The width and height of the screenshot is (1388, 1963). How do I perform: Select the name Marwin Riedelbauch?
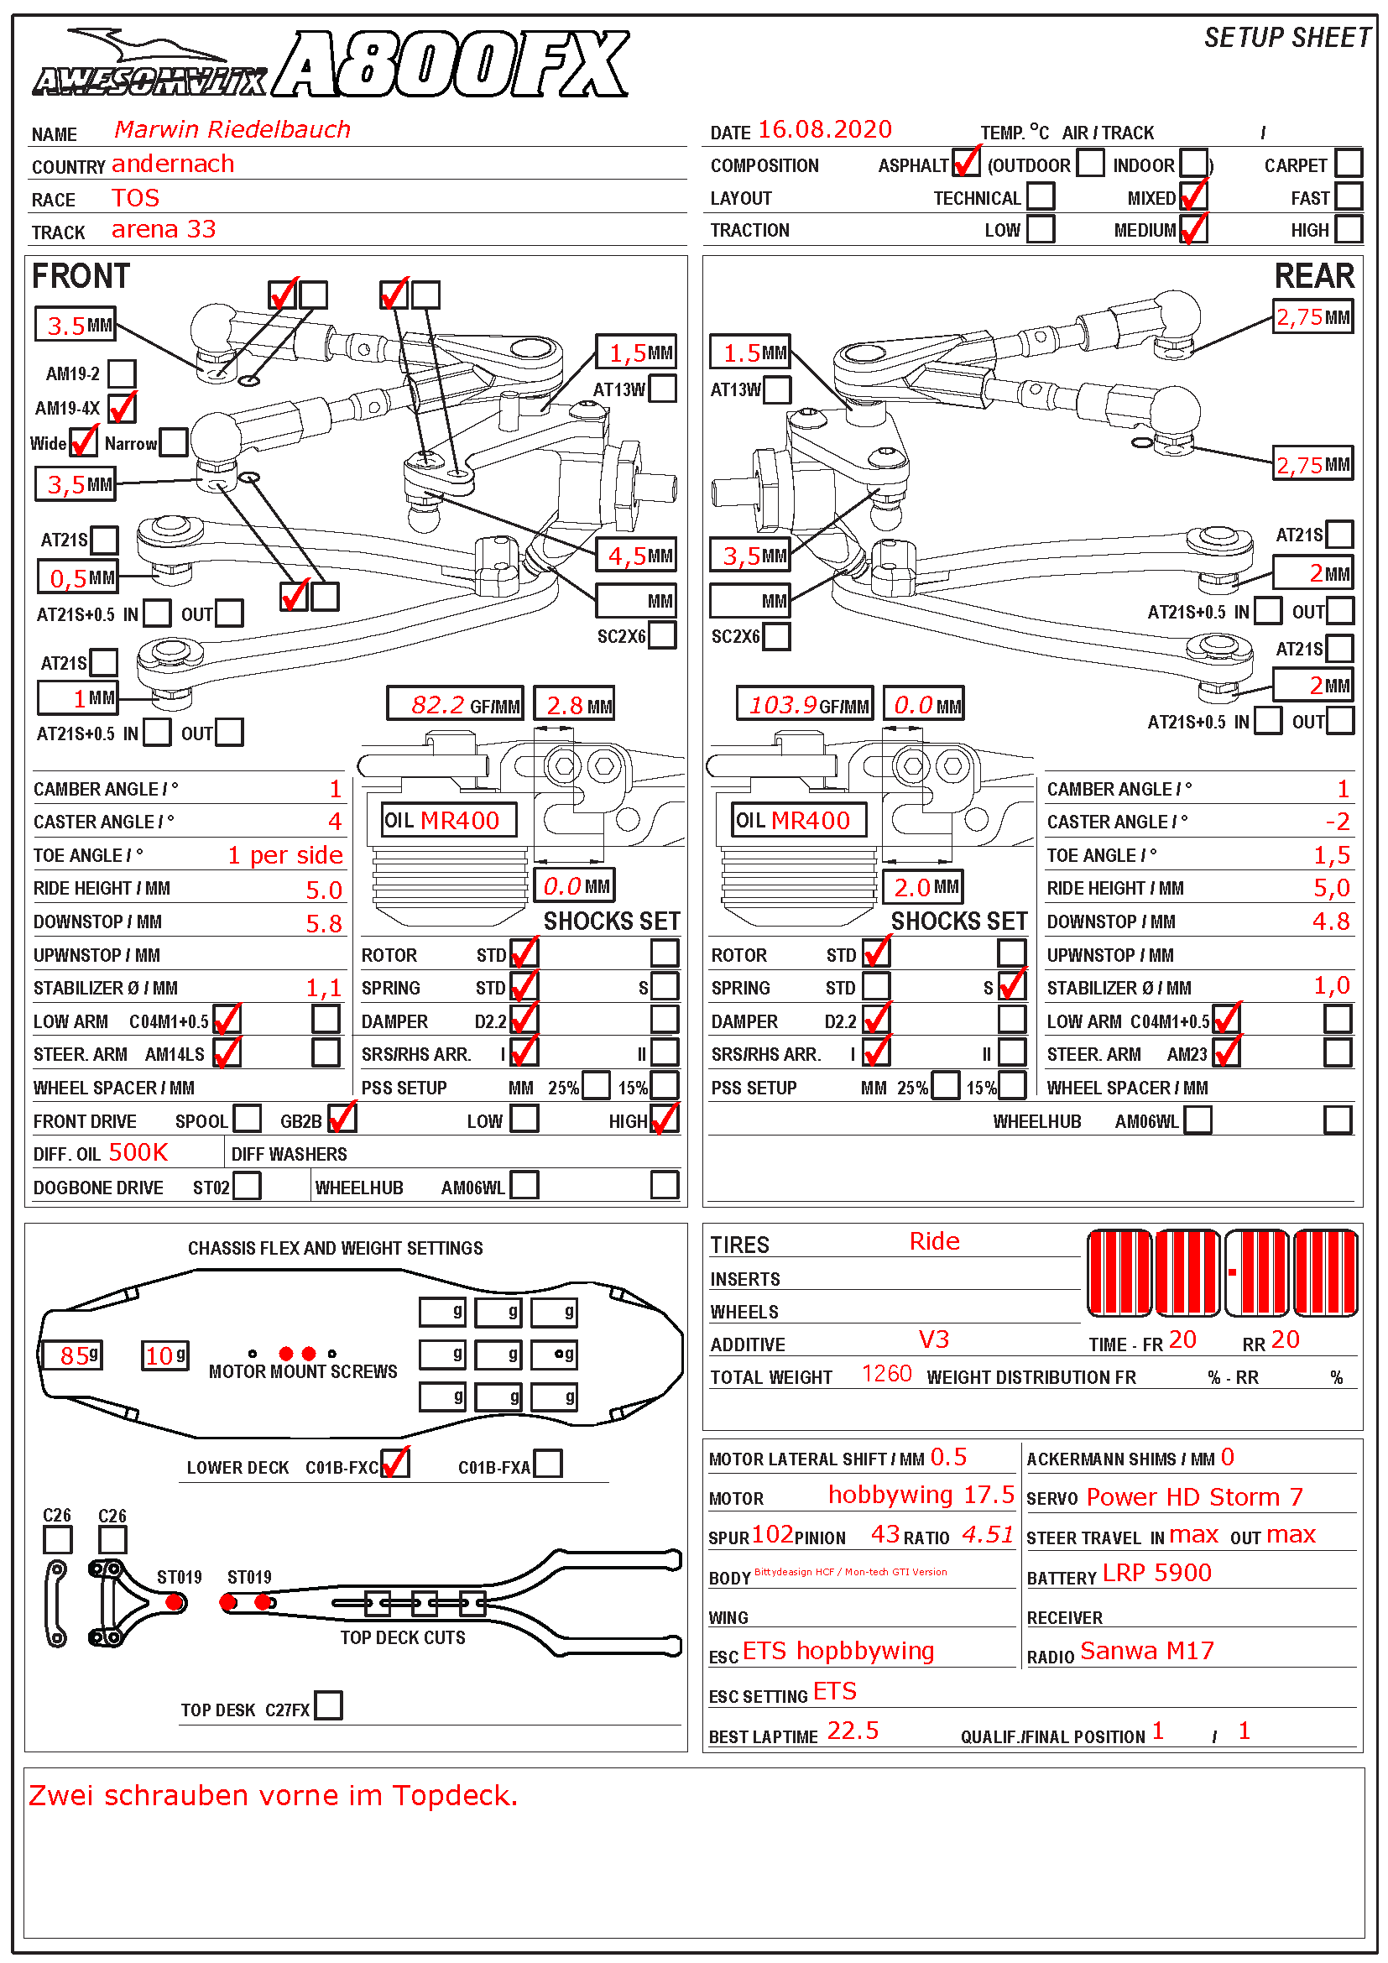pyautogui.click(x=232, y=129)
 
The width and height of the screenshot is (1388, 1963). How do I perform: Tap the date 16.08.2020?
pyautogui.click(x=825, y=129)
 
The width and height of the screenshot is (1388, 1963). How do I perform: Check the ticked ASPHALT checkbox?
pyautogui.click(x=966, y=163)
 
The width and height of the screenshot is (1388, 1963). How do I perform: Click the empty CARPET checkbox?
pyautogui.click(x=1348, y=163)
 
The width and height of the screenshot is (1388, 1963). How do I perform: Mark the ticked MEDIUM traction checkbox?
pyautogui.click(x=1193, y=229)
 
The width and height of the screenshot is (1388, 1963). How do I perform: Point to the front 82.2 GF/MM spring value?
pyautogui.click(x=437, y=704)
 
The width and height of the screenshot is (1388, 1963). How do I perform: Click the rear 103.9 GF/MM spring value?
pyautogui.click(x=784, y=704)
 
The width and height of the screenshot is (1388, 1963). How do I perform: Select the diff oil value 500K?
pyautogui.click(x=138, y=1152)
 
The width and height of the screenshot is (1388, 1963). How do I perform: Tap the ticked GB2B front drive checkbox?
pyautogui.click(x=341, y=1118)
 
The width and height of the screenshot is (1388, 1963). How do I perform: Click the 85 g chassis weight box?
pyautogui.click(x=75, y=1355)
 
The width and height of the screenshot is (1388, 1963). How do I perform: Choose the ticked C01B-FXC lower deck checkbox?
pyautogui.click(x=395, y=1464)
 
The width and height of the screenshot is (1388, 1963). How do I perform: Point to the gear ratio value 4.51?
pyautogui.click(x=987, y=1535)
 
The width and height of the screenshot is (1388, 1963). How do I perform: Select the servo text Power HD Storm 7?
pyautogui.click(x=1194, y=1497)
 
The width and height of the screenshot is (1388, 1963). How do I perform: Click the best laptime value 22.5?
pyautogui.click(x=853, y=1731)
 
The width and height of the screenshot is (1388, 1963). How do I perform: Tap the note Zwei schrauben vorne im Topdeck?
pyautogui.click(x=274, y=1795)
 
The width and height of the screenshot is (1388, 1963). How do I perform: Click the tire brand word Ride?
pyautogui.click(x=934, y=1241)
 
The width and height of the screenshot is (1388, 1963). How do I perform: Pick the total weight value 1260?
pyautogui.click(x=886, y=1374)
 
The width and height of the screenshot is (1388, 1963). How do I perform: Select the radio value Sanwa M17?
pyautogui.click(x=1146, y=1651)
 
